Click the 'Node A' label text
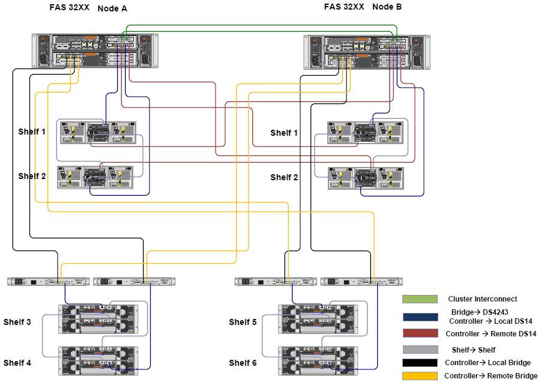click(x=112, y=8)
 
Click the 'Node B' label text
click(x=387, y=7)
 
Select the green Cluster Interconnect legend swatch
click(x=420, y=299)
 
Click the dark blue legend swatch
click(x=420, y=317)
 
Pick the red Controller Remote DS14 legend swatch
click(x=420, y=333)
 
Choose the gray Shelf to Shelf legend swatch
click(x=420, y=350)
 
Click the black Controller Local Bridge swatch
click(x=420, y=363)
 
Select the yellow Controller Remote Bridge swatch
click(x=420, y=376)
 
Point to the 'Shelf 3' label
click(x=17, y=323)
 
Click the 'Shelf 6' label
click(x=243, y=363)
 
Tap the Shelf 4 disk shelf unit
click(x=98, y=360)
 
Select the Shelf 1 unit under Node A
click(x=96, y=133)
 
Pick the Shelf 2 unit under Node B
click(x=366, y=178)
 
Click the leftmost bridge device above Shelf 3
click(x=48, y=281)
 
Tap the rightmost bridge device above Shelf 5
click(x=361, y=281)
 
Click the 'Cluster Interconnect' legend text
click(x=482, y=299)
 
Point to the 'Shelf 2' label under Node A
click(x=32, y=176)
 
